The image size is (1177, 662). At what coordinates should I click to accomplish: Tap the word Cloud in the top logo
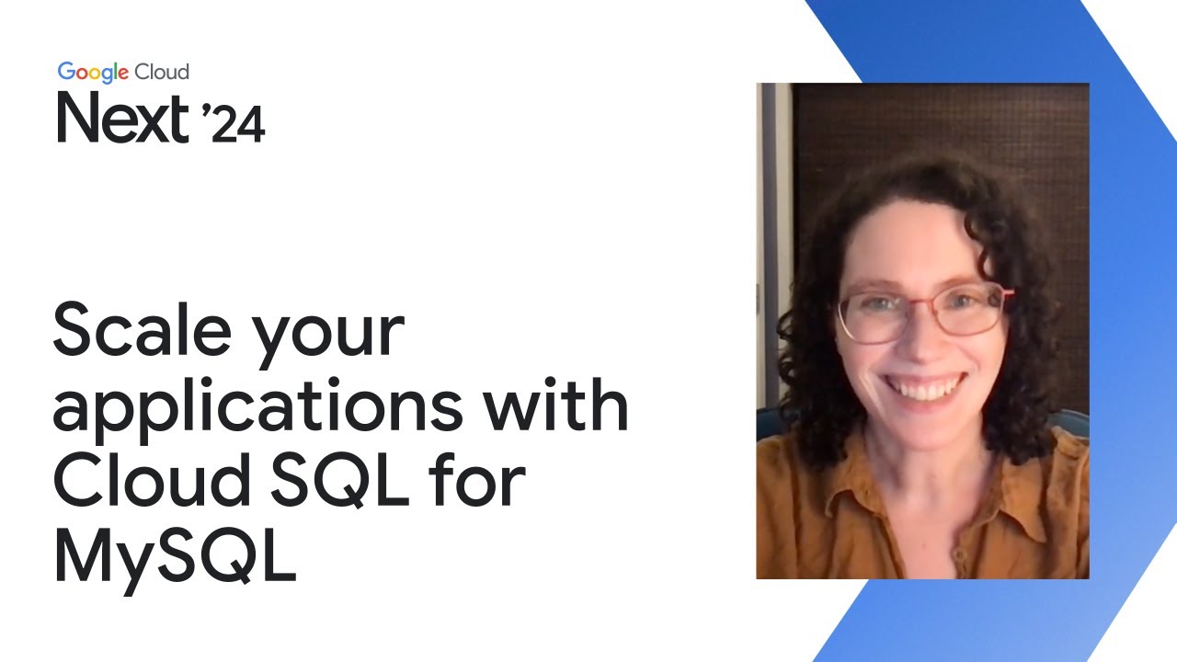tap(162, 72)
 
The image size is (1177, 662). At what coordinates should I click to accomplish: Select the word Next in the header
tap(122, 118)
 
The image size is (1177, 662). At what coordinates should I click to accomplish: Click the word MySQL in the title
tap(176, 554)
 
